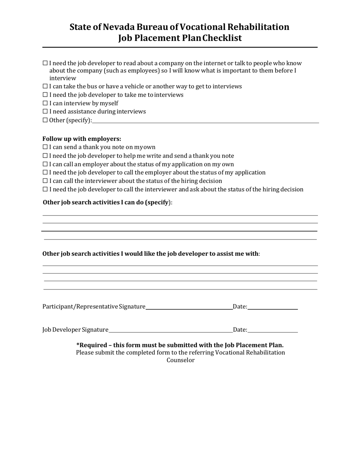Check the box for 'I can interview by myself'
[45, 103]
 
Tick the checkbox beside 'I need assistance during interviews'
[45, 111]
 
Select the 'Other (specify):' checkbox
[45, 120]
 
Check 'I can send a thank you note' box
[45, 147]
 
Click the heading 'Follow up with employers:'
[82, 139]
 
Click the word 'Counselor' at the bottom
[180, 360]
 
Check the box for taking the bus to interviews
[45, 86]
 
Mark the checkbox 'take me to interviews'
[45, 95]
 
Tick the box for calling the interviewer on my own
[45, 181]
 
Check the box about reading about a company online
[45, 63]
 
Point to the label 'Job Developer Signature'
[75, 330]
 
